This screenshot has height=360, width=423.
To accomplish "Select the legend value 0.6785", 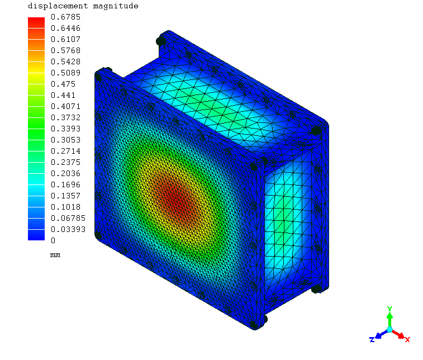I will pyautogui.click(x=65, y=17).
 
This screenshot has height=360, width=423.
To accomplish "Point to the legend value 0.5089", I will pyautogui.click(x=65, y=73).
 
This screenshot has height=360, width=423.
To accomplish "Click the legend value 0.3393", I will pyautogui.click(x=65, y=129).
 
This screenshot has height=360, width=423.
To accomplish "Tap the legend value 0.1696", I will pyautogui.click(x=65, y=184).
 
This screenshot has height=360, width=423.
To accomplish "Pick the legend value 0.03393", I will pyautogui.click(x=68, y=229).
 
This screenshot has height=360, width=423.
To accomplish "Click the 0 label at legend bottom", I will pyautogui.click(x=53, y=240).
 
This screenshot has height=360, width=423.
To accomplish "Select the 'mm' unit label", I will pyautogui.click(x=55, y=255).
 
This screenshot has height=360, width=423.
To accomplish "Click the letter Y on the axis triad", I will pyautogui.click(x=389, y=309).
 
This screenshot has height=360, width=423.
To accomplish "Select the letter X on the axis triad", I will pyautogui.click(x=407, y=339).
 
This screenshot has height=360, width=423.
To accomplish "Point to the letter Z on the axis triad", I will pyautogui.click(x=372, y=339).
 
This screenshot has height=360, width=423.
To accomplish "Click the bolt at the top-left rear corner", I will pyautogui.click(x=161, y=41).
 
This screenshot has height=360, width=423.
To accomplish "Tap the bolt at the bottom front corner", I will pyautogui.click(x=262, y=319).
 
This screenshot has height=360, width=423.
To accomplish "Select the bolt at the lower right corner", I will pyautogui.click(x=316, y=288).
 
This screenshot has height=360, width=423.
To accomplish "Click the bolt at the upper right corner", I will pyautogui.click(x=316, y=130).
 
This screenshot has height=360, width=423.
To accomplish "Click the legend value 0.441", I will pyautogui.click(x=63, y=95).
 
